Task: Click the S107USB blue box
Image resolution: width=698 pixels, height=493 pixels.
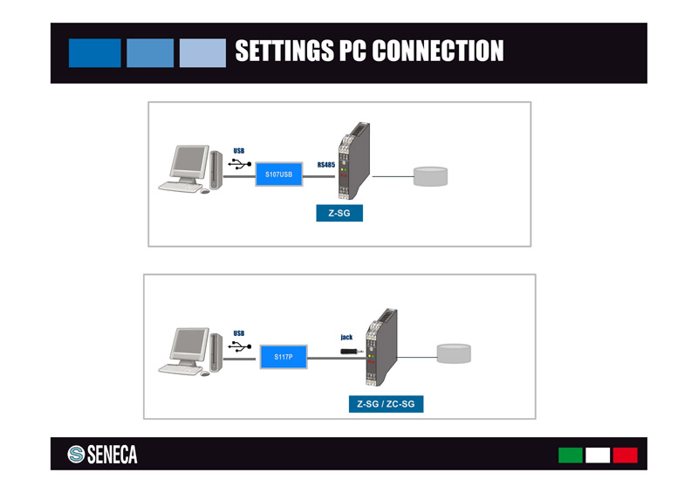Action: pyautogui.click(x=278, y=175)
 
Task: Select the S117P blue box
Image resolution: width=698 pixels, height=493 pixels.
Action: pyautogui.click(x=283, y=357)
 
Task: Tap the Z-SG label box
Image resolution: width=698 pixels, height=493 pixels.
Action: pyautogui.click(x=339, y=213)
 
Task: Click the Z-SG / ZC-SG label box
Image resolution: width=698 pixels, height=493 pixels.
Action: pyautogui.click(x=385, y=404)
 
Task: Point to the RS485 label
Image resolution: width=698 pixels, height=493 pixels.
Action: pyautogui.click(x=326, y=164)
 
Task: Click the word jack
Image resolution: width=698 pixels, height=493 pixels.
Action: pyautogui.click(x=346, y=337)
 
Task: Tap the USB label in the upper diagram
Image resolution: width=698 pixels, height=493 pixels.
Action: pyautogui.click(x=239, y=151)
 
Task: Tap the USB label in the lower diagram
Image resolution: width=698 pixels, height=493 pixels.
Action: pyautogui.click(x=239, y=333)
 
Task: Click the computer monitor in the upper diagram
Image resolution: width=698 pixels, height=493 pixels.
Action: pyautogui.click(x=188, y=162)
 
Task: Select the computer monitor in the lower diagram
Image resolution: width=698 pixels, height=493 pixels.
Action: pyautogui.click(x=189, y=345)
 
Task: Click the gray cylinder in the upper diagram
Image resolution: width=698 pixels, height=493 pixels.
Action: pyautogui.click(x=430, y=175)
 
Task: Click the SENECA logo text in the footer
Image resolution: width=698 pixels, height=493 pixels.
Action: pyautogui.click(x=112, y=455)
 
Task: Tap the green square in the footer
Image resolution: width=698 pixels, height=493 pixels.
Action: pyautogui.click(x=570, y=455)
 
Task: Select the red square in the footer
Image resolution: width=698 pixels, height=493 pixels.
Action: pyautogui.click(x=625, y=455)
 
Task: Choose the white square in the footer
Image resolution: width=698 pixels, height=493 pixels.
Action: pyautogui.click(x=598, y=455)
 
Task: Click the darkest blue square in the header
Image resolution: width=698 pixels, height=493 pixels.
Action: pyautogui.click(x=94, y=52)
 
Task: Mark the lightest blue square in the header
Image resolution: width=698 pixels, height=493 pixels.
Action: pyautogui.click(x=202, y=52)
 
